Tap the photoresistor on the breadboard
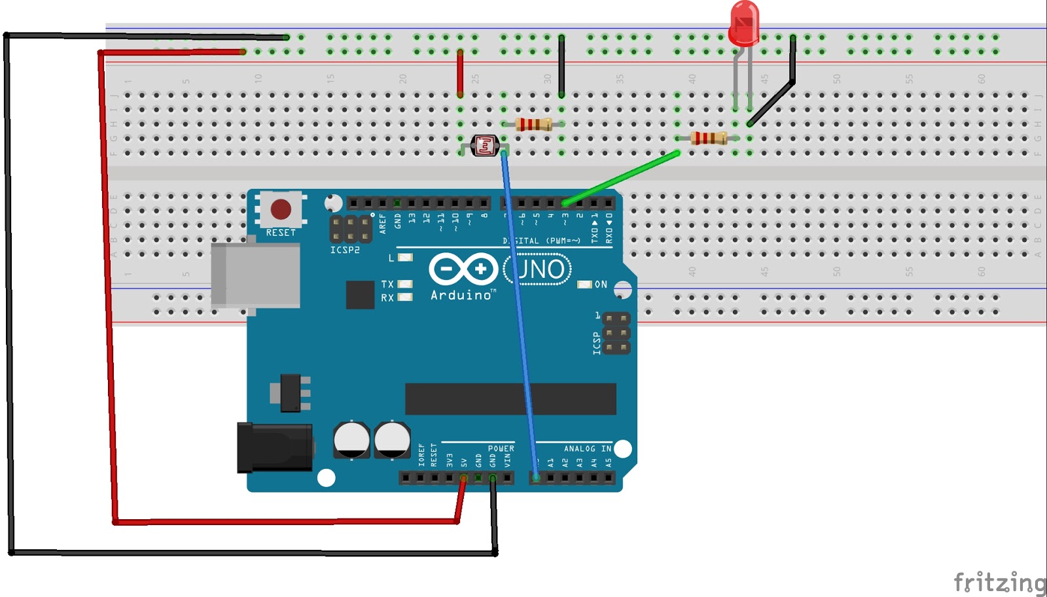click(485, 146)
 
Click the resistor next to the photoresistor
click(533, 124)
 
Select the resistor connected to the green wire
click(709, 138)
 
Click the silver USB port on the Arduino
click(256, 275)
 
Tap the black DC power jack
click(274, 447)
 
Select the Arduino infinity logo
click(463, 269)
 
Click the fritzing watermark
click(999, 581)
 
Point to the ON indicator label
click(601, 284)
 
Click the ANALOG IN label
click(588, 449)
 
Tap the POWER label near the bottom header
click(501, 449)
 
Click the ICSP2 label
click(345, 250)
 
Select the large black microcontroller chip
click(510, 399)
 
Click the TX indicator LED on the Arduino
click(405, 284)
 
